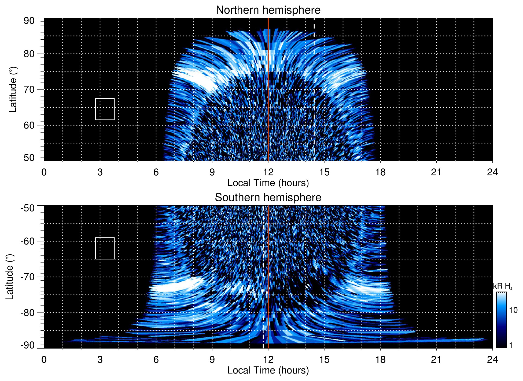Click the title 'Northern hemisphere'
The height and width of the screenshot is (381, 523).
click(268, 10)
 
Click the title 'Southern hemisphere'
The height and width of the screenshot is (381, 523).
click(268, 198)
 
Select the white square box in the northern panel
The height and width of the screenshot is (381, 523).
click(105, 109)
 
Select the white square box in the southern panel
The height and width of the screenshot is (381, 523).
click(105, 248)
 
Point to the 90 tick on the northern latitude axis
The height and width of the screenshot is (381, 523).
click(29, 21)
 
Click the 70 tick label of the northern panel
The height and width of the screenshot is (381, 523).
click(29, 89)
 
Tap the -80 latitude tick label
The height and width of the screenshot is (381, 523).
click(28, 312)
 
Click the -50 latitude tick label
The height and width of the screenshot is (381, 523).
click(28, 208)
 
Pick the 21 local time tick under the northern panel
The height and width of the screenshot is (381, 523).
click(436, 172)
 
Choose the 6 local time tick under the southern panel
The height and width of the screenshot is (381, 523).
click(156, 360)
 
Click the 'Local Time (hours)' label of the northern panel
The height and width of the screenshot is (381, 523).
click(268, 183)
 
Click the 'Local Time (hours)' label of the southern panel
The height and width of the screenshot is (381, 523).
click(268, 370)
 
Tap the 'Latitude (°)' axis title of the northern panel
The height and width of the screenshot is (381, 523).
click(13, 89)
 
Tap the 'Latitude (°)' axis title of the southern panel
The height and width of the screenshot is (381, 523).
click(10, 277)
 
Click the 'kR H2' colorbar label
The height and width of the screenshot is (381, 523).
click(503, 286)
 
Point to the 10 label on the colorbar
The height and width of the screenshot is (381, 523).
click(513, 310)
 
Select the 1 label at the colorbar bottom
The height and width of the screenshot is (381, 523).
click(511, 345)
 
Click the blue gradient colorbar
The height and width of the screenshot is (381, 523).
click(501, 320)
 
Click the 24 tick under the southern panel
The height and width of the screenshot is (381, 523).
click(492, 360)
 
